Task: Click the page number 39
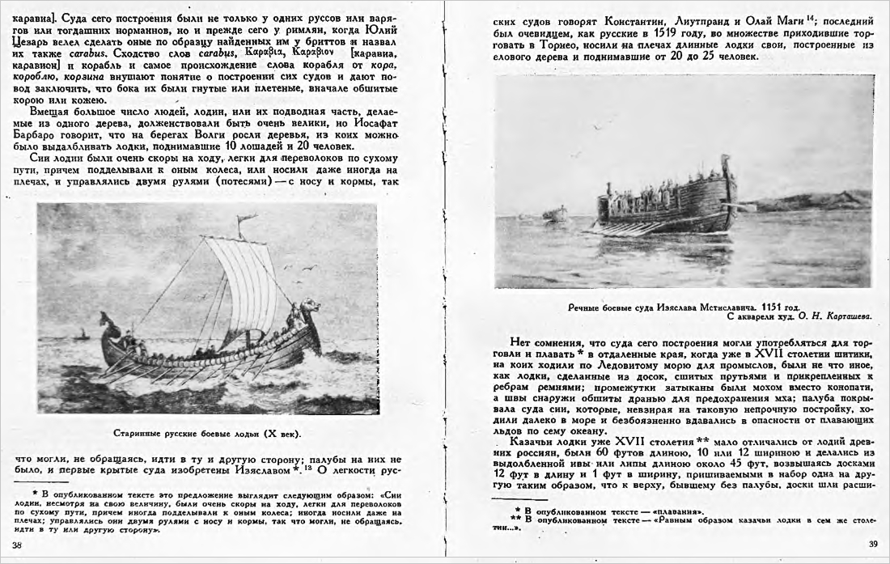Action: coord(872,544)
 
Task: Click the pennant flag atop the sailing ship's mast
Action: coord(246,218)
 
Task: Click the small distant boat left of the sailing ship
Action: coord(80,334)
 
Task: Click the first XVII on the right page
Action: coord(772,354)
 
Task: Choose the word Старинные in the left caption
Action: coord(140,433)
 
